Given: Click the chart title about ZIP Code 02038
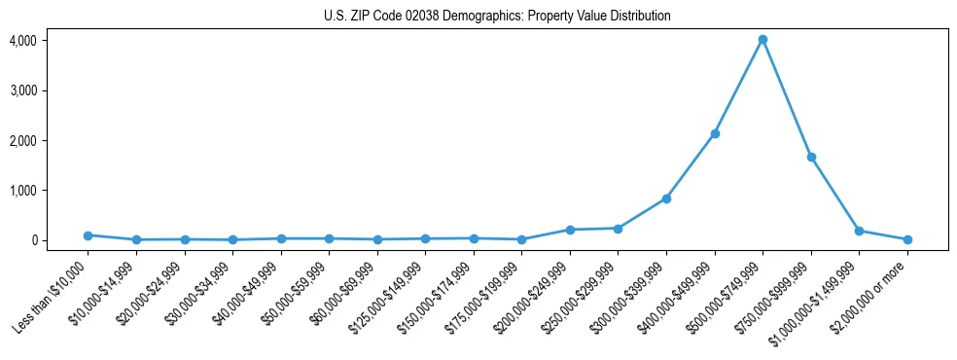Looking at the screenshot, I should tap(497, 16).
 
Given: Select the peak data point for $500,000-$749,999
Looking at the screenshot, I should tap(762, 40).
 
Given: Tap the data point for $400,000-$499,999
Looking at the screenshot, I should tap(715, 133).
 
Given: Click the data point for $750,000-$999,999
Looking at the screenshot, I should tap(811, 157).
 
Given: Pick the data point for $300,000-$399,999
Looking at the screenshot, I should tap(666, 198).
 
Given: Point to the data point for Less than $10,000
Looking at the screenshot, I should tap(88, 235).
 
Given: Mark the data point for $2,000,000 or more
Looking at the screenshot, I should tap(907, 239).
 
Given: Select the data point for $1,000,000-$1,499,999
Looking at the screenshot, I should tap(859, 231).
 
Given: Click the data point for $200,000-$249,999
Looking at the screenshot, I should tap(570, 230).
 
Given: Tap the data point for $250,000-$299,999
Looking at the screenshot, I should tap(618, 229).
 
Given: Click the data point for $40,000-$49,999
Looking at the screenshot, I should tap(280, 238).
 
